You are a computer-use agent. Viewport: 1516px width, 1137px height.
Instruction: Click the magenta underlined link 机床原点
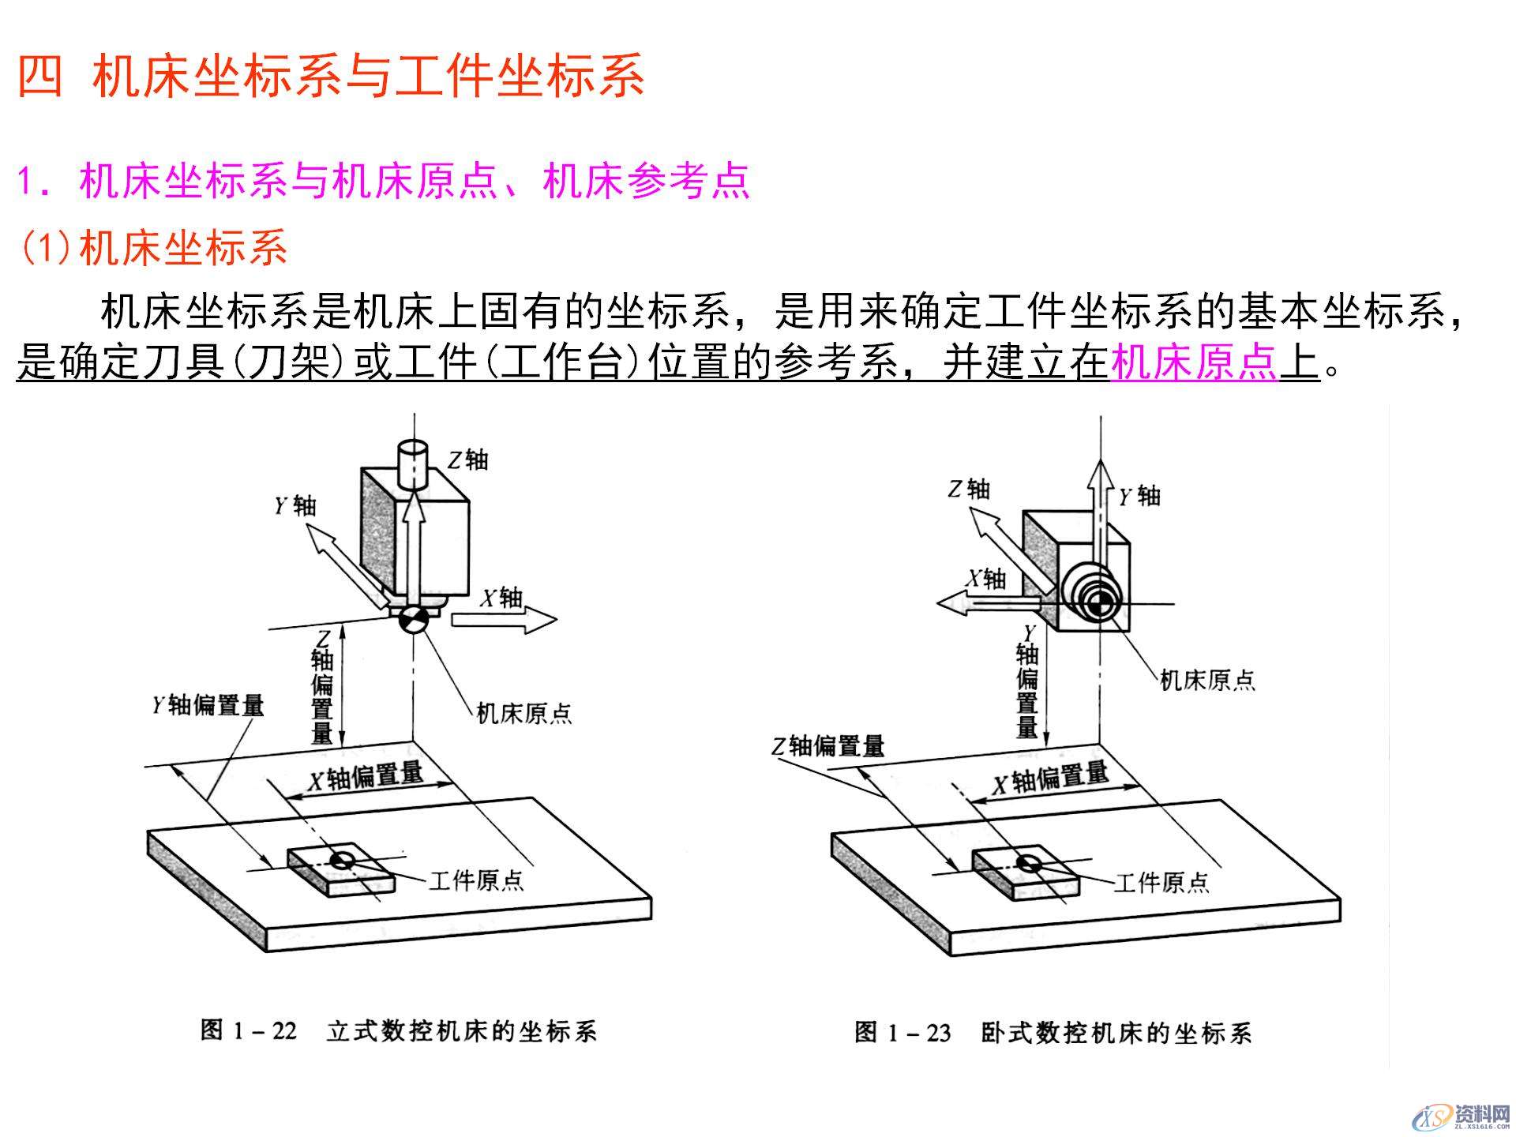click(x=1194, y=362)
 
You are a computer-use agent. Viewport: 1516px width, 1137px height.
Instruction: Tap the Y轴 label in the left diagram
click(x=295, y=505)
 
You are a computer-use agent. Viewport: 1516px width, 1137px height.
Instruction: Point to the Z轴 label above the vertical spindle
click(x=468, y=460)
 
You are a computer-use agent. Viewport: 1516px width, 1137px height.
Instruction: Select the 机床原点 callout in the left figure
click(x=523, y=714)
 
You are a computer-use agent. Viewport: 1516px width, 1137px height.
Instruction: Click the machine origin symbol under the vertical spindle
click(x=413, y=620)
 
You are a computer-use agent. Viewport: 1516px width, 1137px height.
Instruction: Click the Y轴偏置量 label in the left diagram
click(x=208, y=705)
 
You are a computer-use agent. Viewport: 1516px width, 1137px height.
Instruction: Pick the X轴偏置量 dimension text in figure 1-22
click(x=366, y=777)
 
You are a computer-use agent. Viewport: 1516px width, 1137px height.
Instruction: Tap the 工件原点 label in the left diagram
click(x=476, y=880)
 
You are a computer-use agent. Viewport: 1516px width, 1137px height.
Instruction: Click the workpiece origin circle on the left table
click(x=343, y=860)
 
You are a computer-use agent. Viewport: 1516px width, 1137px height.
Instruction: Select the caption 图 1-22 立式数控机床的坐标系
click(x=398, y=1031)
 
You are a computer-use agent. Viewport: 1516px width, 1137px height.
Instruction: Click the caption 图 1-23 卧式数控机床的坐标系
click(x=1053, y=1033)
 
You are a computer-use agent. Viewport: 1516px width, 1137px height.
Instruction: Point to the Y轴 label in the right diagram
click(x=1139, y=496)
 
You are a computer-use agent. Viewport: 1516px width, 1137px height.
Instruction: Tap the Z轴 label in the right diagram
click(x=969, y=490)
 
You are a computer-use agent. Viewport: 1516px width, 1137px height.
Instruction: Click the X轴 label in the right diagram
click(x=987, y=580)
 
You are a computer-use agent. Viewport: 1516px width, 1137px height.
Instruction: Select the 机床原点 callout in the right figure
click(x=1206, y=680)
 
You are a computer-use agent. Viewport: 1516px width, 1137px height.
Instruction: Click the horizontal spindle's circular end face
click(x=1094, y=605)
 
